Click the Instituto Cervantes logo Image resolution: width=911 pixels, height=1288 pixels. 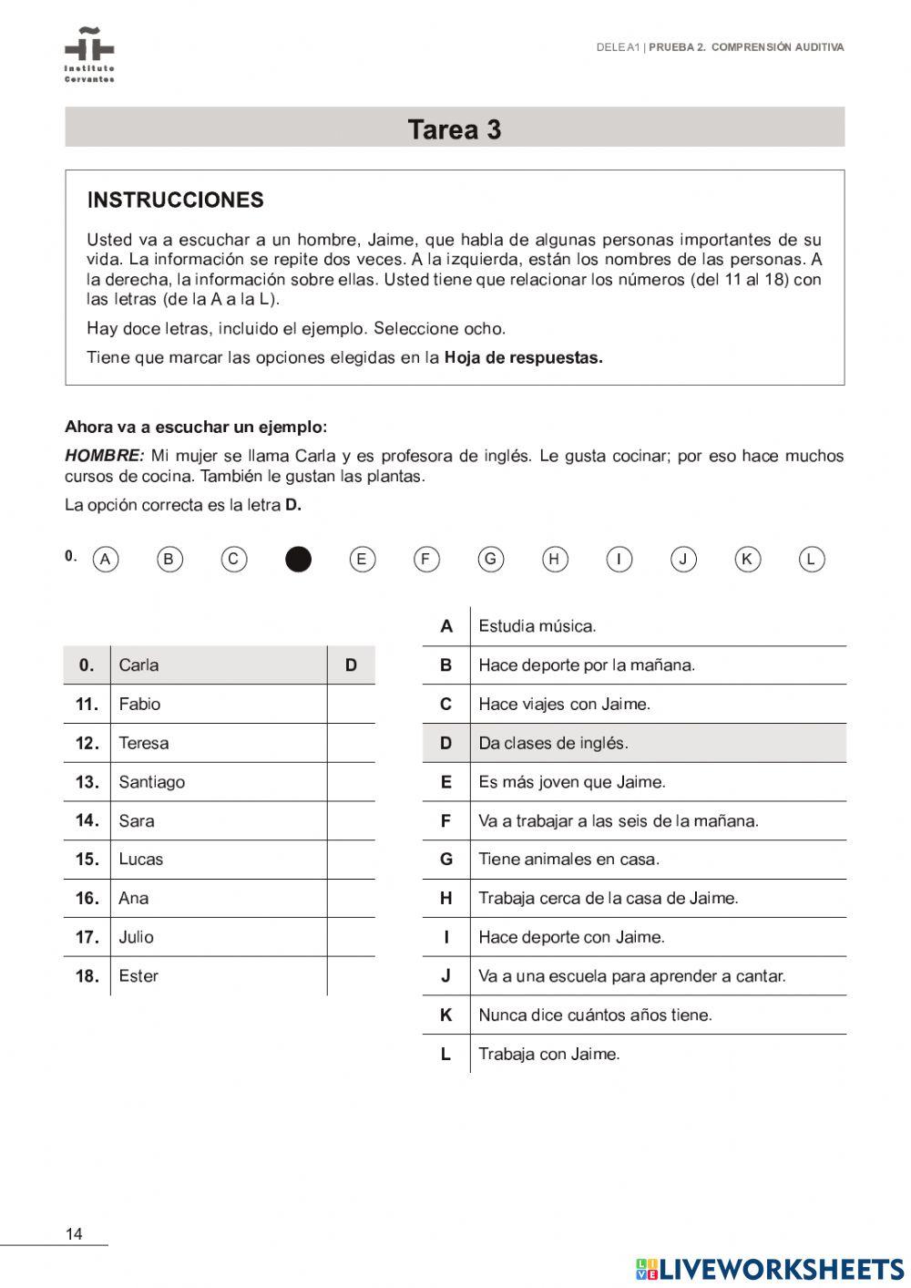point(89,54)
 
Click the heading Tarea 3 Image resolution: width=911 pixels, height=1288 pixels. point(455,129)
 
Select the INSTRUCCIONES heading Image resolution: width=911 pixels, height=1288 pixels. point(175,201)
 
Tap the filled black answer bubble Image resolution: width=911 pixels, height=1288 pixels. point(298,559)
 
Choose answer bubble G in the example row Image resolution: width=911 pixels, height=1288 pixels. point(490,559)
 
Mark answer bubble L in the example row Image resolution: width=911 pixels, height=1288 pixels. point(811,559)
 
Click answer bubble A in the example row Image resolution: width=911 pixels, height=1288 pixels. point(106,559)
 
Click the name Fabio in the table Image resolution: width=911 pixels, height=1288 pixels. point(139,704)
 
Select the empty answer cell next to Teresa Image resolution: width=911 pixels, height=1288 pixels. point(351,743)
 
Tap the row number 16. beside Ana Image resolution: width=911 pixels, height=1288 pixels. point(87,898)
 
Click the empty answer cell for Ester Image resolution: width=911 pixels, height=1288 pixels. point(351,975)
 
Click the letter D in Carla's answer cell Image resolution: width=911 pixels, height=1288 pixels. point(351,665)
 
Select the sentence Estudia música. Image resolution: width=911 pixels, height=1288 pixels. point(537,626)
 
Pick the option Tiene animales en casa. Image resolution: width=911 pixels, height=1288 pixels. point(568,859)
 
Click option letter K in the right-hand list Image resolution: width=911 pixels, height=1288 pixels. point(445,1015)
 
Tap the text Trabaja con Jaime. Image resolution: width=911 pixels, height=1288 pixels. point(548,1054)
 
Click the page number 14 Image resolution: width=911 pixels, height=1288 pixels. point(74,1234)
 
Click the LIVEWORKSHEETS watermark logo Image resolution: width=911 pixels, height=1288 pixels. point(770,1269)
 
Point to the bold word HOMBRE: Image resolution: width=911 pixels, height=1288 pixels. point(104,456)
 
